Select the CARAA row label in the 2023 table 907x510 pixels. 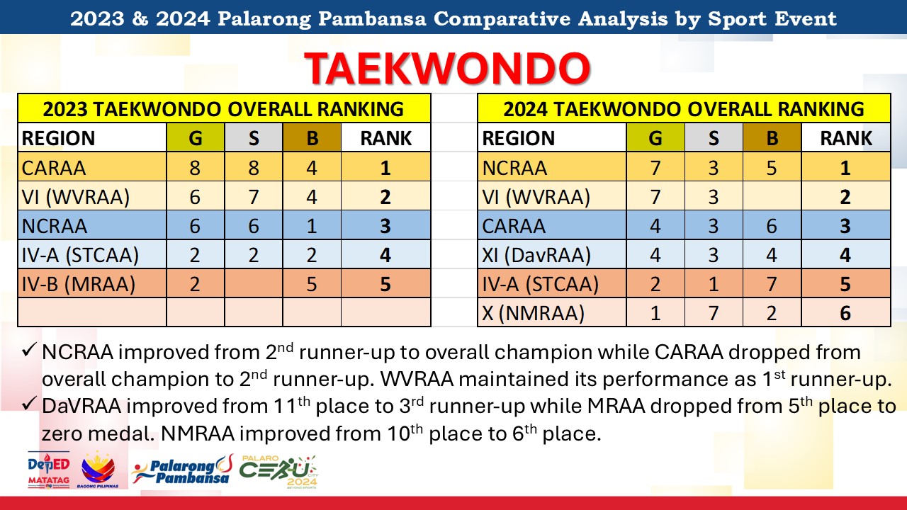[x=53, y=168]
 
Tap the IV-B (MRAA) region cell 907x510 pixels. [x=92, y=283]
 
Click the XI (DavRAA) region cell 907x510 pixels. [x=552, y=254]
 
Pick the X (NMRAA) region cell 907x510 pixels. [x=552, y=312]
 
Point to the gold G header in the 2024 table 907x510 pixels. [x=655, y=137]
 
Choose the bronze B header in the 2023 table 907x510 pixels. [x=312, y=137]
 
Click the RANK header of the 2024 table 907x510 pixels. [x=846, y=137]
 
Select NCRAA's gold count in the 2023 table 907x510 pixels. [x=195, y=225]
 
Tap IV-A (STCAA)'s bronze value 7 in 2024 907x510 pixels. [x=772, y=283]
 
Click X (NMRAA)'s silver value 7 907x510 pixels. [x=714, y=312]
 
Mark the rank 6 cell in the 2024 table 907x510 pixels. [x=846, y=312]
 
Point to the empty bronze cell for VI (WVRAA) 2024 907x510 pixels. [x=772, y=196]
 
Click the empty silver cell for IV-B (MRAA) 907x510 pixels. [x=254, y=283]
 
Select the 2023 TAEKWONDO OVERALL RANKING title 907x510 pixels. [x=223, y=109]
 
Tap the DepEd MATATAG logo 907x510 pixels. [x=49, y=470]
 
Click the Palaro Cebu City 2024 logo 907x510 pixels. [x=278, y=472]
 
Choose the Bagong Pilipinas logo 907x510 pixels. [x=98, y=470]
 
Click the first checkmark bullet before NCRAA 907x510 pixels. [x=29, y=350]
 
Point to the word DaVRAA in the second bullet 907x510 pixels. [x=81, y=406]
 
